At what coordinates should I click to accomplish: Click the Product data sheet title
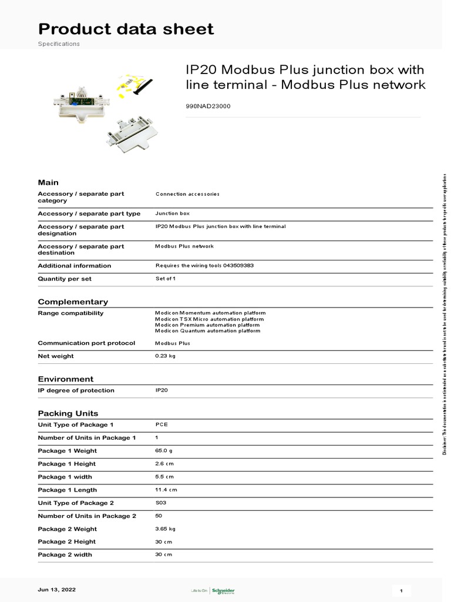click(126, 29)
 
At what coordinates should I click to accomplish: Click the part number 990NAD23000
click(208, 106)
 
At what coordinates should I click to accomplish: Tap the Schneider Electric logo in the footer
click(221, 590)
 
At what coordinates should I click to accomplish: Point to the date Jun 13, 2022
click(56, 589)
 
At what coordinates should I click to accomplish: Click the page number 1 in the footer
click(400, 590)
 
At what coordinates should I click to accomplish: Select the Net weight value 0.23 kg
click(165, 356)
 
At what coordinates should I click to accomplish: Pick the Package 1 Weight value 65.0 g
click(164, 451)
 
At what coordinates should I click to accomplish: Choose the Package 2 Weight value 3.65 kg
click(166, 529)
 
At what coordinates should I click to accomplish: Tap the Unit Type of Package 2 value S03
click(160, 503)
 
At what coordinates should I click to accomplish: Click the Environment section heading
click(66, 379)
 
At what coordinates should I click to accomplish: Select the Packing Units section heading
click(68, 413)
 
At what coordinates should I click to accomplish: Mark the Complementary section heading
click(73, 302)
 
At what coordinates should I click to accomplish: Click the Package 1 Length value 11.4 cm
click(166, 490)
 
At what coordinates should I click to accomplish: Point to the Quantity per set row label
click(65, 279)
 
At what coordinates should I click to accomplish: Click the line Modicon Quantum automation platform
click(207, 331)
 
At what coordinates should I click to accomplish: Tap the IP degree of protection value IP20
click(161, 390)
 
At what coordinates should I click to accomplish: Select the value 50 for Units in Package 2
click(159, 516)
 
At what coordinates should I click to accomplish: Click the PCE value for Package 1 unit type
click(161, 424)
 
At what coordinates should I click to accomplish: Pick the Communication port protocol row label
click(86, 343)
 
